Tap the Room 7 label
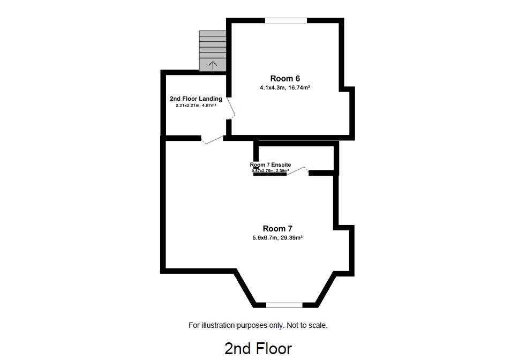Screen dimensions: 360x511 277,229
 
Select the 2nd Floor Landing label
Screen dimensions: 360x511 196,99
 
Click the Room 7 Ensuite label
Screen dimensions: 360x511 270,164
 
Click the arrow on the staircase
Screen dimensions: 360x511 213,65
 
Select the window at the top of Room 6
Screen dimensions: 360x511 285,21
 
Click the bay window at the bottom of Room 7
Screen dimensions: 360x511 284,305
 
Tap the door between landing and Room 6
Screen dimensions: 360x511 231,109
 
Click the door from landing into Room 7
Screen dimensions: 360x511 213,139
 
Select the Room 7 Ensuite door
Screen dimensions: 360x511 298,170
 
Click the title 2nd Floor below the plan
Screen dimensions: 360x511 258,349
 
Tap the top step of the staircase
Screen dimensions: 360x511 213,34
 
